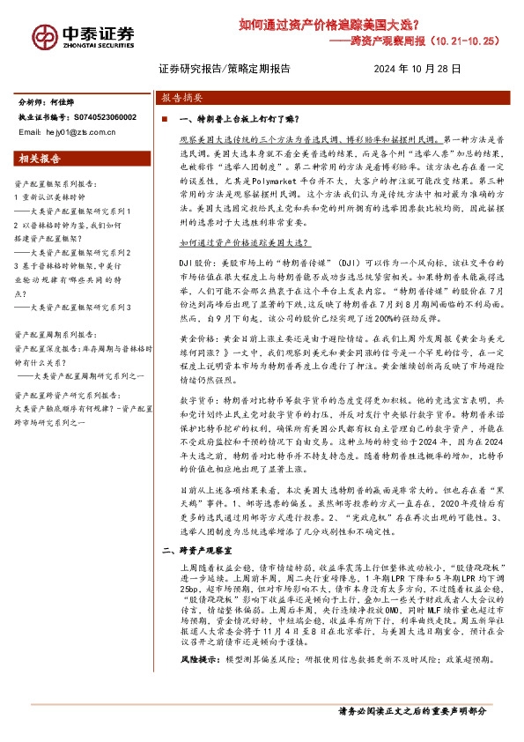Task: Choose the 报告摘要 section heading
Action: [183, 99]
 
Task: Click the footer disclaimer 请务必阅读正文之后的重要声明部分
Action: [412, 709]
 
